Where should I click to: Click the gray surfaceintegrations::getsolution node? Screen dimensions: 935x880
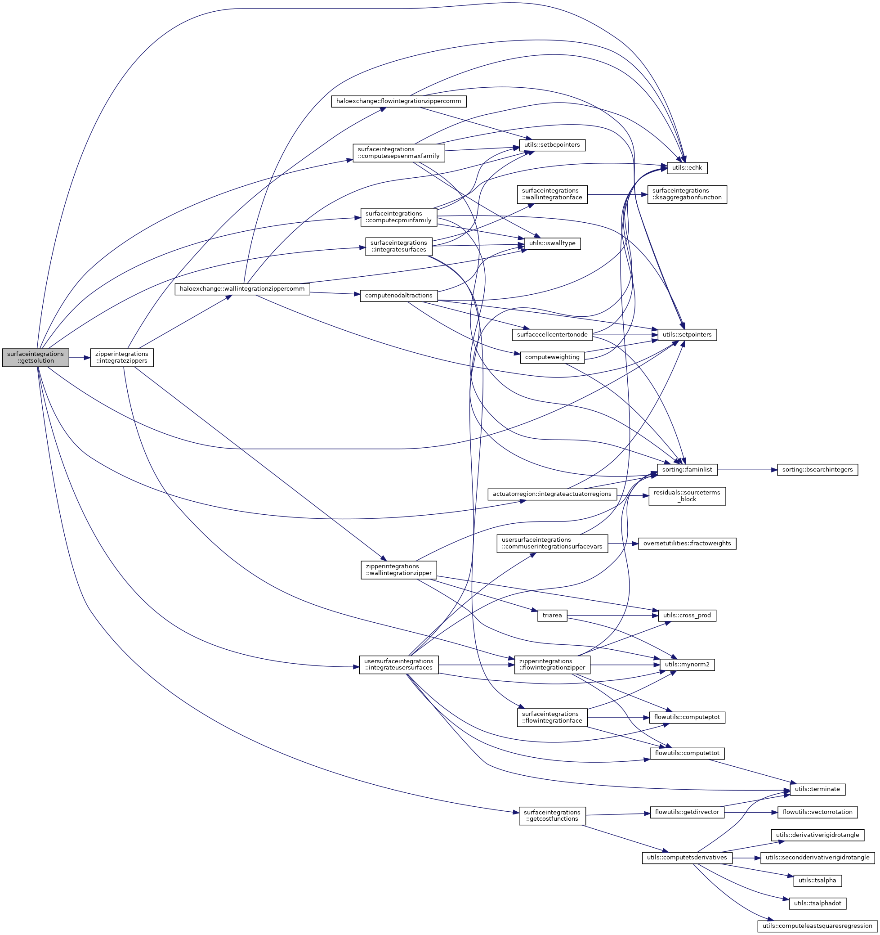click(x=35, y=357)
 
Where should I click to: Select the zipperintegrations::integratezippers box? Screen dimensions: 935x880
click(x=122, y=357)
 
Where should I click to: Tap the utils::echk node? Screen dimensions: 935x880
click(x=687, y=167)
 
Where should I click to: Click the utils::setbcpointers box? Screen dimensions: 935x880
click(x=552, y=145)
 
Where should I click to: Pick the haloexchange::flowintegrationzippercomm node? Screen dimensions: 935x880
click(x=399, y=101)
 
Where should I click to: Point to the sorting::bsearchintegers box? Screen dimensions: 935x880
click(x=817, y=469)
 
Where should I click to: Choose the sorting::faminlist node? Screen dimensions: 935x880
click(x=687, y=469)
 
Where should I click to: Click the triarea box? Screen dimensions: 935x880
click(x=552, y=615)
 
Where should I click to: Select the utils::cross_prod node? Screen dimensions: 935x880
click(x=687, y=615)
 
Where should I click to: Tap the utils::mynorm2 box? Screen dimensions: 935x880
click(x=687, y=665)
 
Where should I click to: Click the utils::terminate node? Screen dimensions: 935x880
click(x=817, y=789)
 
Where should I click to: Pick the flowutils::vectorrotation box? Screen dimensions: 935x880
click(x=817, y=812)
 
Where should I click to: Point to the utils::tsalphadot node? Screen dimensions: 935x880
click(x=817, y=903)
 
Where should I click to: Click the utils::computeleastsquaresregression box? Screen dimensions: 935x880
click(x=817, y=926)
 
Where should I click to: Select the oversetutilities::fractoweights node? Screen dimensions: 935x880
click(x=687, y=543)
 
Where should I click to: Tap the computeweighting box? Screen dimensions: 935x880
click(x=552, y=357)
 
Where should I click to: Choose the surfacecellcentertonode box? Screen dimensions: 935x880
click(x=552, y=335)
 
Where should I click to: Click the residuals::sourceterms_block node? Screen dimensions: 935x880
click(x=687, y=496)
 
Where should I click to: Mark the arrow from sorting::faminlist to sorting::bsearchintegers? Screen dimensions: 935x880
click(x=747, y=469)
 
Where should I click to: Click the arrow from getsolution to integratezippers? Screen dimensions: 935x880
click(x=80, y=357)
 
